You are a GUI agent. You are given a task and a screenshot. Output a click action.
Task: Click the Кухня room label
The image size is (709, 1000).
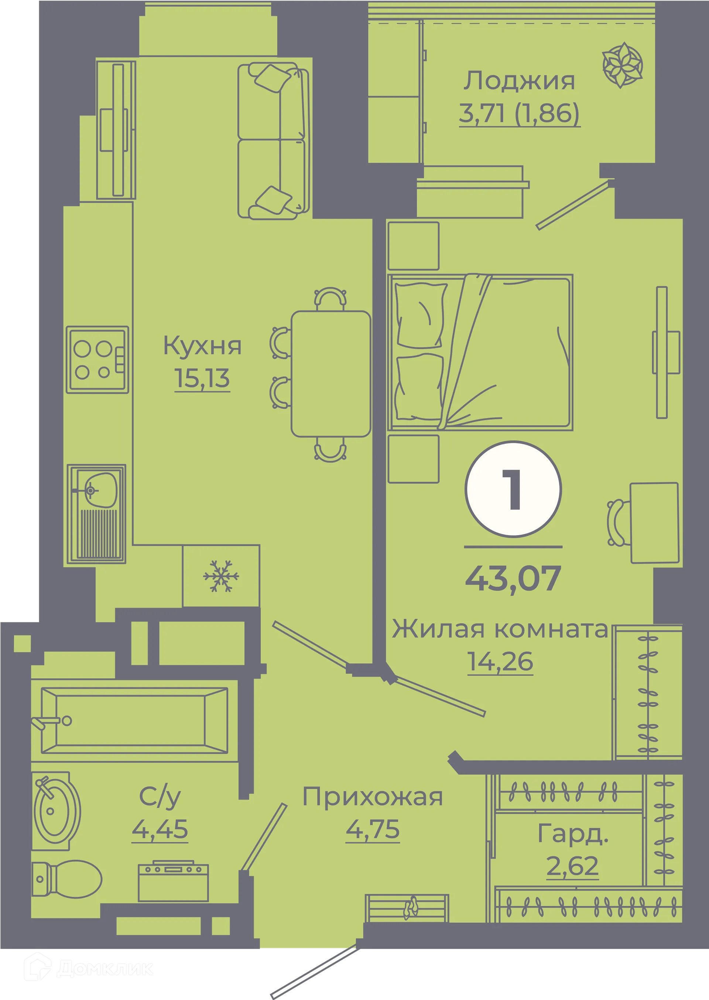click(x=202, y=346)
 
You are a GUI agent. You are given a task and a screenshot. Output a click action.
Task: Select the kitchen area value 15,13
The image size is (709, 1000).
click(x=202, y=378)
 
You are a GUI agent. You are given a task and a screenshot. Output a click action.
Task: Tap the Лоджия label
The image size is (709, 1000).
click(x=519, y=81)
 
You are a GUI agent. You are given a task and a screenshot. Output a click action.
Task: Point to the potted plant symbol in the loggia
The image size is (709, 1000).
click(x=622, y=65)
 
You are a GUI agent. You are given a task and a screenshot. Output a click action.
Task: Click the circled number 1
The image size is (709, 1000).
click(x=513, y=489)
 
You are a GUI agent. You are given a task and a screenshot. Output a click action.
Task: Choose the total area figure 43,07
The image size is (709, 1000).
click(x=513, y=579)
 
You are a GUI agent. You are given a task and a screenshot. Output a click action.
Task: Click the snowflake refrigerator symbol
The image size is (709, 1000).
click(x=221, y=576)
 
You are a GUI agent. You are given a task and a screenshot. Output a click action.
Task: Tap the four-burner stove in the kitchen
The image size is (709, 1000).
click(x=97, y=360)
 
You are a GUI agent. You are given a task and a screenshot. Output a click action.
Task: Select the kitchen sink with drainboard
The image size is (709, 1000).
click(x=96, y=514)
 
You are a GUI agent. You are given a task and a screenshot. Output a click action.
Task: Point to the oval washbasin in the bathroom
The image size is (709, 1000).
click(x=56, y=811)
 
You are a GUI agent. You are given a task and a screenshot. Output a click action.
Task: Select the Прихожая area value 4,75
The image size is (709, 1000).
click(x=372, y=829)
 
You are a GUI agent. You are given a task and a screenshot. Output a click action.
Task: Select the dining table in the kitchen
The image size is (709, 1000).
click(x=330, y=374)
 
